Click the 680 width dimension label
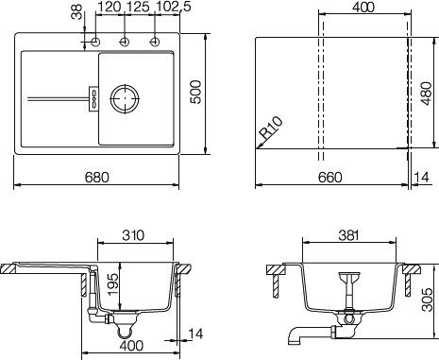[x=96, y=178]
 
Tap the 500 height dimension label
[x=195, y=92]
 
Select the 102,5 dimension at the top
[x=174, y=7]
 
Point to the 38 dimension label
[x=76, y=11]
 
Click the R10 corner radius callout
[x=271, y=128]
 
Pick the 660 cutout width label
[x=329, y=178]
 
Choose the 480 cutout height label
[x=427, y=94]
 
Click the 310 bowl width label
[x=133, y=235]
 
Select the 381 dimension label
[x=348, y=235]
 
